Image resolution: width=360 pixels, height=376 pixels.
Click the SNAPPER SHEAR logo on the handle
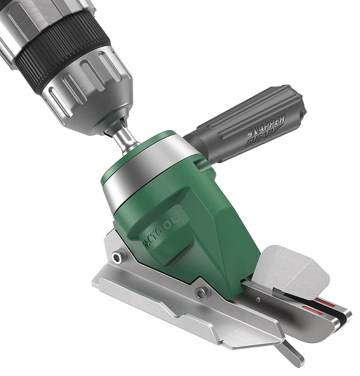point(266,129)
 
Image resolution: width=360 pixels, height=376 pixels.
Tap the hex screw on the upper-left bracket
point(117,258)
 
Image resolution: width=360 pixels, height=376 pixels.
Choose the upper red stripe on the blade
point(323,301)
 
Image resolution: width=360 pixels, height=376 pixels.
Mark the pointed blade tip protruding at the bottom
point(292,355)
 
